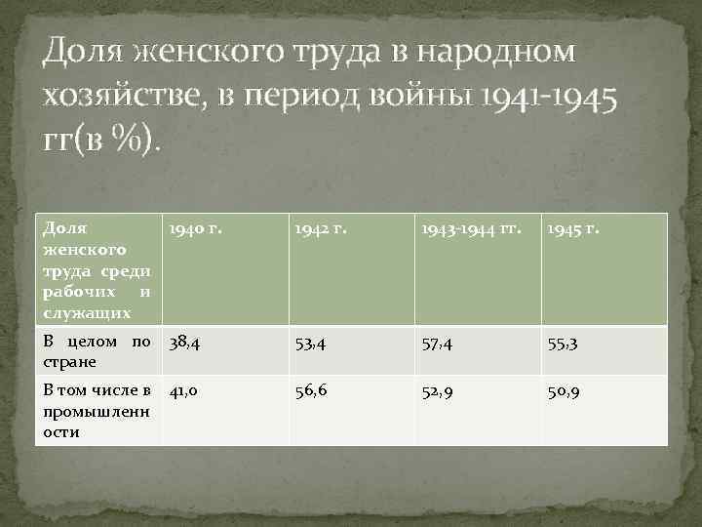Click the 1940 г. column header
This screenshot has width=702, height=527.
coord(195,231)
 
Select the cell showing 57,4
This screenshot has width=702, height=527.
coord(441,344)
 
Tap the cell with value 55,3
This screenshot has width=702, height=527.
coord(565,344)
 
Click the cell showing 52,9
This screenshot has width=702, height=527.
coord(441,391)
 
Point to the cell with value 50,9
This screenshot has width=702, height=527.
coord(565,391)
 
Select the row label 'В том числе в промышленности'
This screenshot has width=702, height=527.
coord(96,411)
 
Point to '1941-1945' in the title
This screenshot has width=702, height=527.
coord(554,95)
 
